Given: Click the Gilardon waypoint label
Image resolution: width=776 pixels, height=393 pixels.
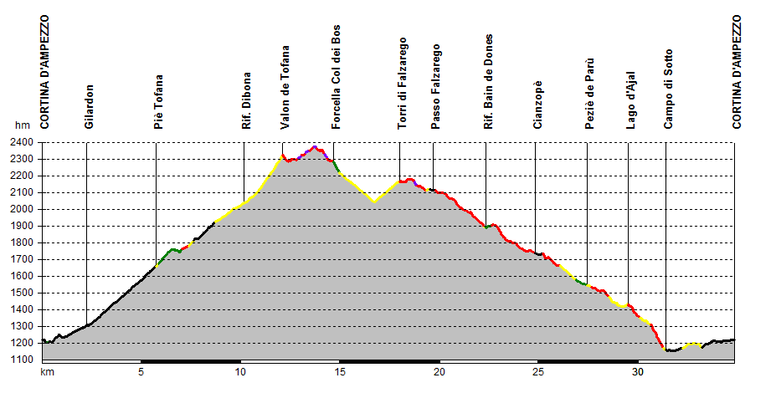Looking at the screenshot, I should (89, 106).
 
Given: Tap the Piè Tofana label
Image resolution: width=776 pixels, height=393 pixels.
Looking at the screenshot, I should (158, 102).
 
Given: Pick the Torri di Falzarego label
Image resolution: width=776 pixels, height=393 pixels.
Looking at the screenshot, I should (402, 83).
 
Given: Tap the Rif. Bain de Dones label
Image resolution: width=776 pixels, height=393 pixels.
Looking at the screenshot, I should (489, 82).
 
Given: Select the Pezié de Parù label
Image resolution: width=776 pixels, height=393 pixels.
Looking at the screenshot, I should (589, 94).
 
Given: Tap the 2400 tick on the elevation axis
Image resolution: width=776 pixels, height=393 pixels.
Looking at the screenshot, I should (22, 142).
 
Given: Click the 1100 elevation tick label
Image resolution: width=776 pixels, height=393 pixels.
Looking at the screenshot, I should (22, 360).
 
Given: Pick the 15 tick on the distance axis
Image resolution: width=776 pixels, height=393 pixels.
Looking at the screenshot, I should (339, 372).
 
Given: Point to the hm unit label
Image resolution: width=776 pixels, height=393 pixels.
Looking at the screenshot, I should (22, 125).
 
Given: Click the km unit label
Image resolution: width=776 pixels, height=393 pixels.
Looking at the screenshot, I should (48, 372).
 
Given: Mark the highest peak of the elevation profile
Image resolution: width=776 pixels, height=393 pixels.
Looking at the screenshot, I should (314, 147).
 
